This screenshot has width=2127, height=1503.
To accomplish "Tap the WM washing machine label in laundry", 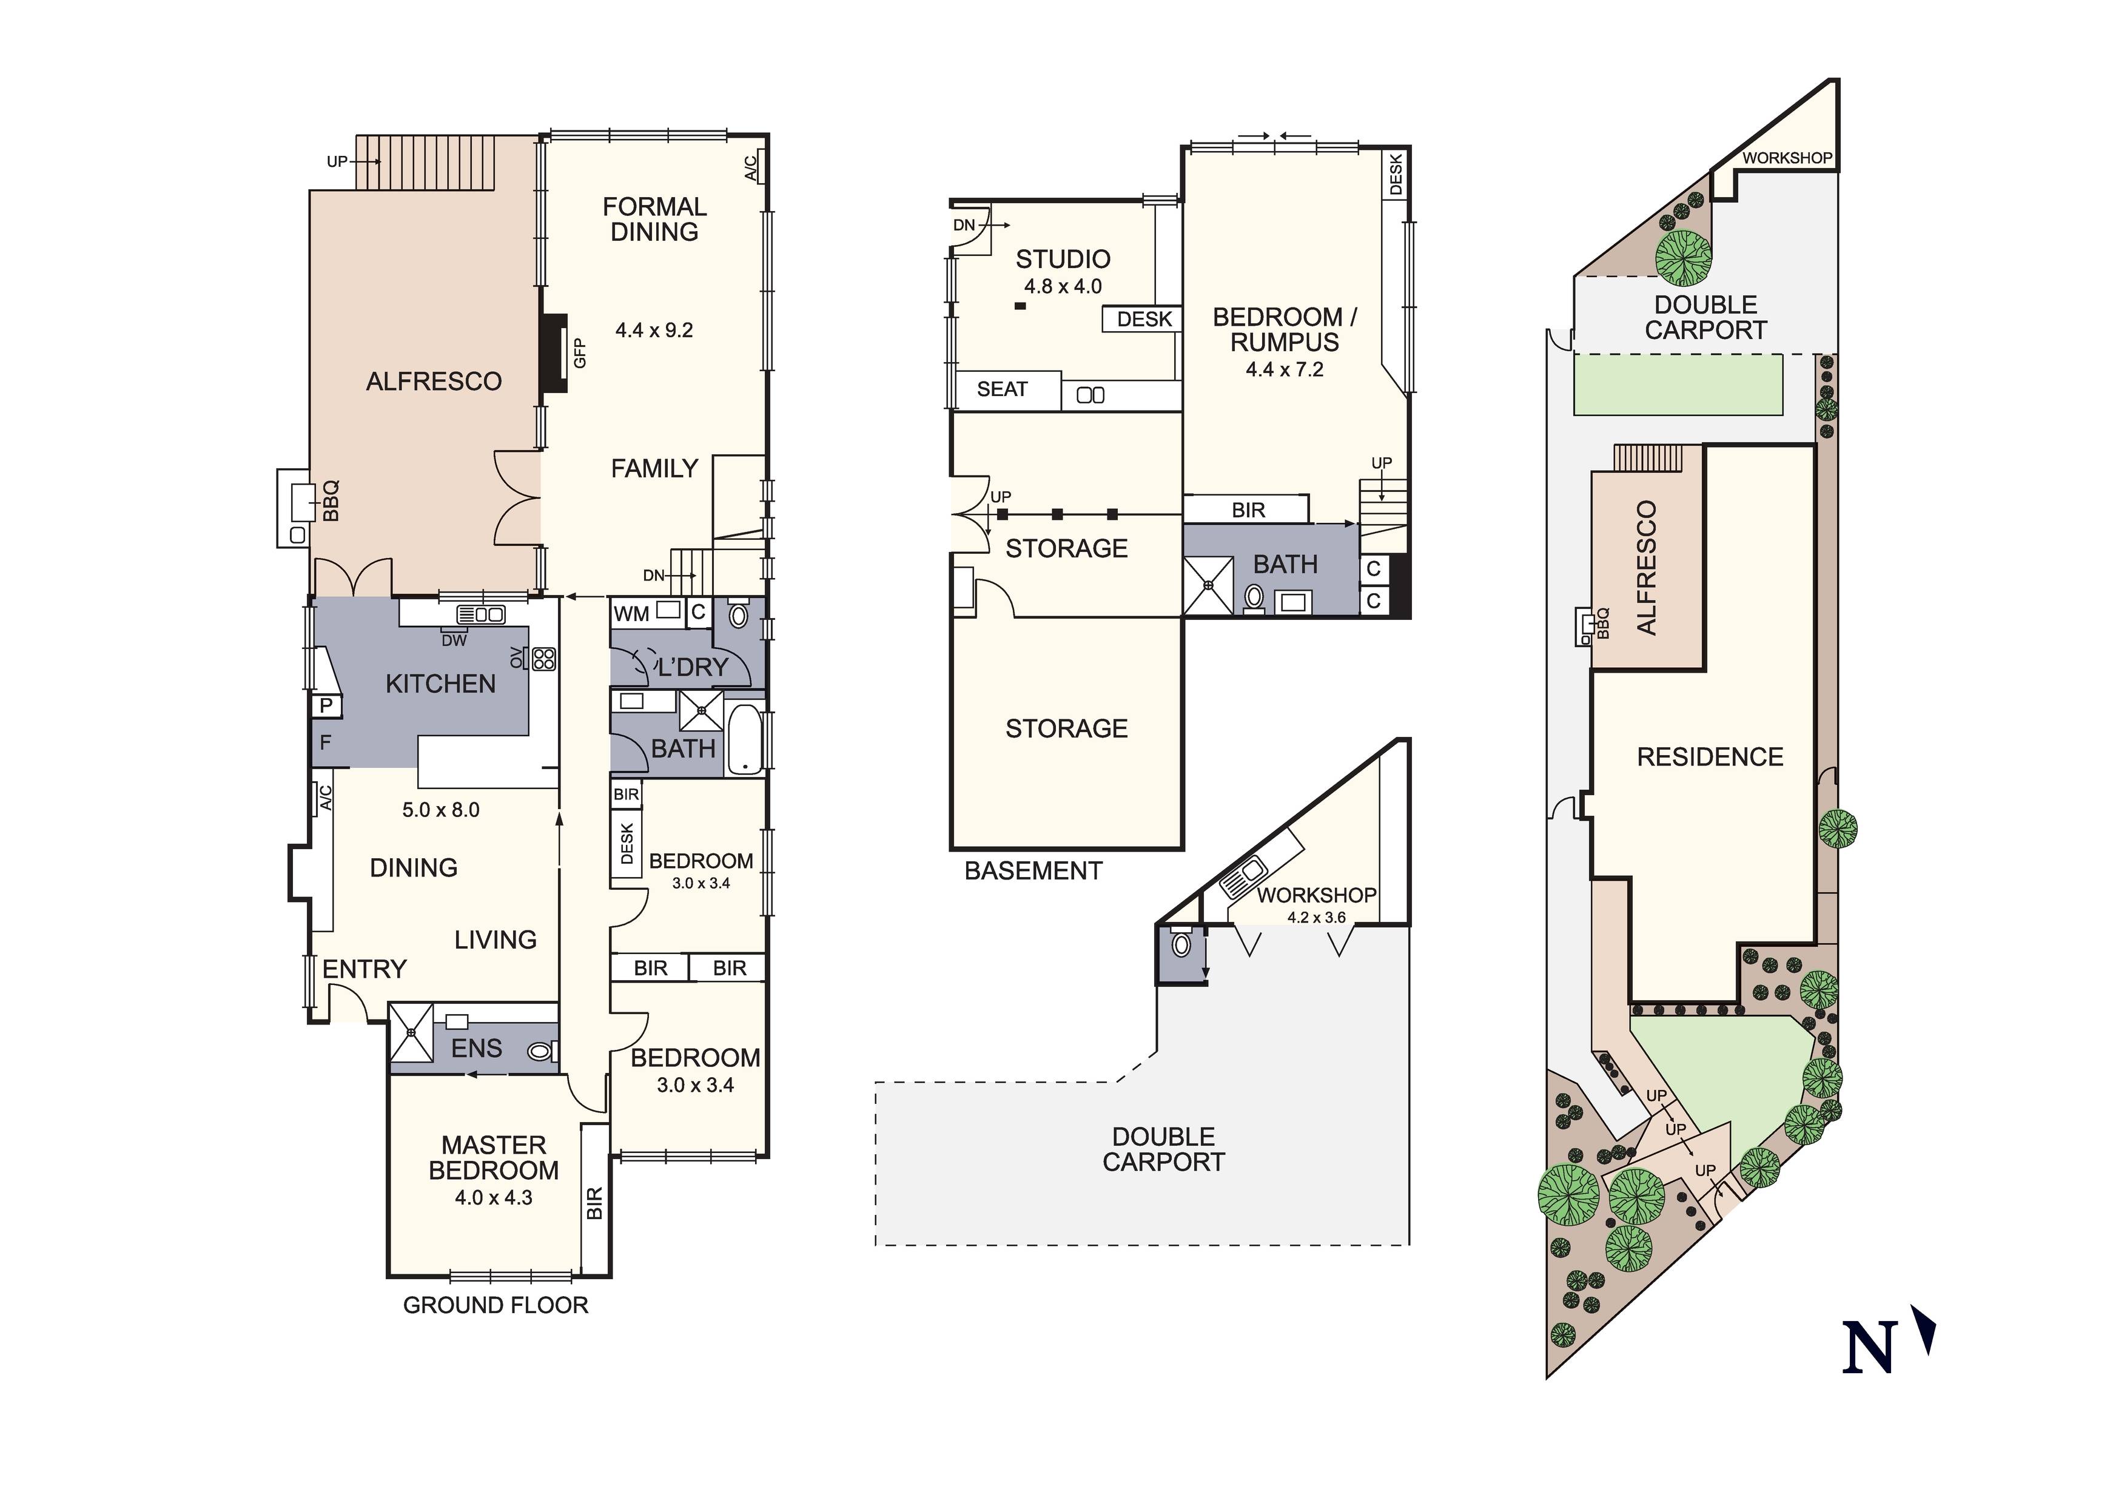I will click(x=632, y=613).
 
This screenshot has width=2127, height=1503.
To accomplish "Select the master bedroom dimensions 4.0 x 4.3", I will click(x=493, y=1197).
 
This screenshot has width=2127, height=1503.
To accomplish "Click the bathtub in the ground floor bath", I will click(x=744, y=739).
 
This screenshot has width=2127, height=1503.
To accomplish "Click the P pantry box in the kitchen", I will click(x=326, y=706).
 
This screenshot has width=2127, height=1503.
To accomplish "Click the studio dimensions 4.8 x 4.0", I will click(x=1063, y=286).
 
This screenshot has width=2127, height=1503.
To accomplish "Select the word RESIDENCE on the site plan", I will click(x=1709, y=757).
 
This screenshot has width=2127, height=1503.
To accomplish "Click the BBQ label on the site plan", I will click(x=1604, y=623).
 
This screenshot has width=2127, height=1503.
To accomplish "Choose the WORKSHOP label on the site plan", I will click(x=1786, y=158).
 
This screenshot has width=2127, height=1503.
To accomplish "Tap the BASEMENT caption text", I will click(x=1033, y=870).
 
